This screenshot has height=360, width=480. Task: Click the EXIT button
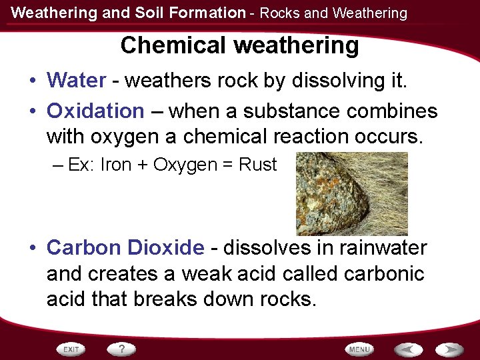coord(72,349)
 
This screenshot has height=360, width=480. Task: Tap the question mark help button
coord(122,349)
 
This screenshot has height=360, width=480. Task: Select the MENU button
coord(359,349)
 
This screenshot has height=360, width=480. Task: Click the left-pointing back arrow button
coord(407,349)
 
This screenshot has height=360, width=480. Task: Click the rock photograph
coord(351,193)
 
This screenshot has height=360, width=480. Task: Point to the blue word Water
coord(76,81)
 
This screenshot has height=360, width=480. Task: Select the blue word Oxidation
coord(95,111)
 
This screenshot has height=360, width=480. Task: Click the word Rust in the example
coord(257,165)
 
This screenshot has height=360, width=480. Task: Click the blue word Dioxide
coord(171,247)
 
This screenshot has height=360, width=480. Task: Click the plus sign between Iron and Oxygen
coord(143,165)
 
